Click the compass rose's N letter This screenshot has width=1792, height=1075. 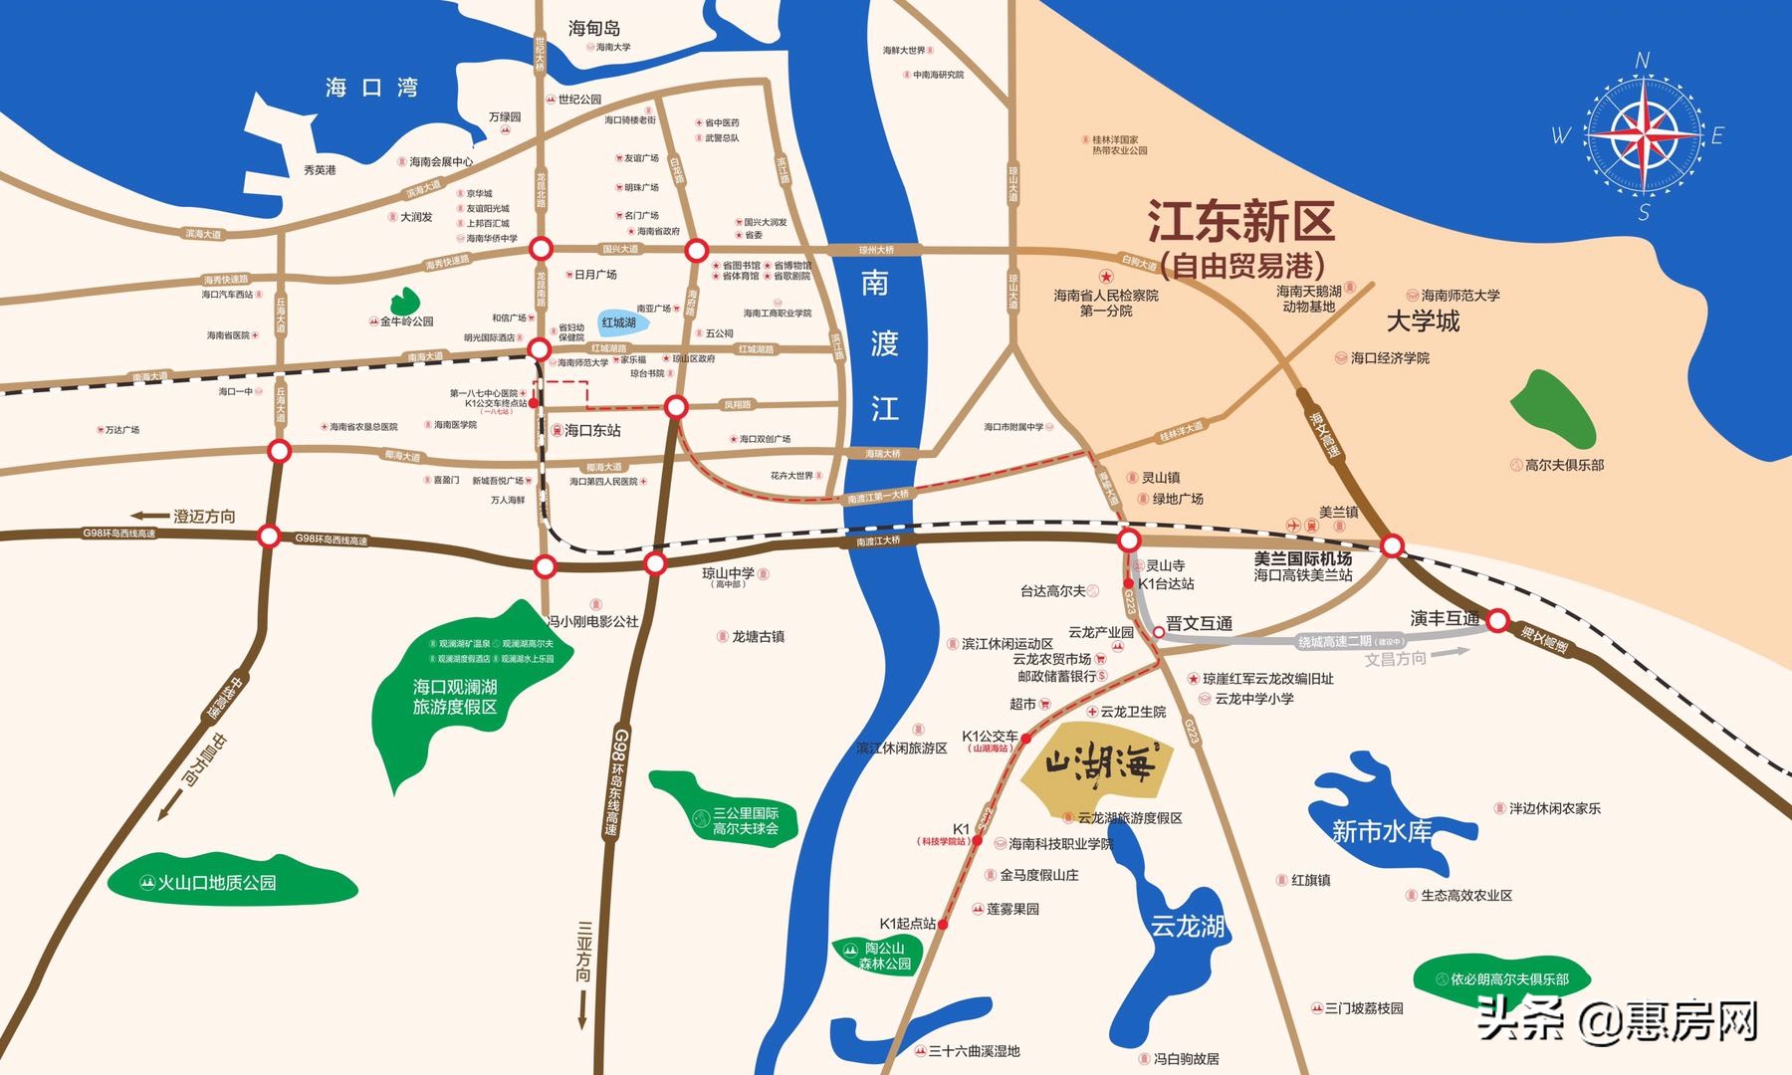coord(1643,61)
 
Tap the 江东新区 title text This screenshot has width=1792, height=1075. coord(1240,221)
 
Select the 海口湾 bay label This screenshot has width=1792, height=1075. coord(371,88)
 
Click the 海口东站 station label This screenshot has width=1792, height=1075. coord(592,430)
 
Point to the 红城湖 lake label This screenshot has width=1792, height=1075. coord(618,322)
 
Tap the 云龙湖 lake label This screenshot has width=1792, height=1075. coord(1187,927)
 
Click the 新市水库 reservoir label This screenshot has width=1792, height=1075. coord(1381,831)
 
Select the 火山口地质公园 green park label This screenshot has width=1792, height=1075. coord(217,883)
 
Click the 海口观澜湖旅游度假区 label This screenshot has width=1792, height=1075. coord(455,697)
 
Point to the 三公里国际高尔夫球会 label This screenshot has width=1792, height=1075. coord(746,821)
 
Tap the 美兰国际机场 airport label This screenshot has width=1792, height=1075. coord(1302,558)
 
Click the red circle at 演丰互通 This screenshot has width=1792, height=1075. coord(1497,620)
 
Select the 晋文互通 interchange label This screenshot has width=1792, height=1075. coord(1199,624)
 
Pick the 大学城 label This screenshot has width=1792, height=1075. coord(1423,322)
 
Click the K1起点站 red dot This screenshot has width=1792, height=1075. coord(943,925)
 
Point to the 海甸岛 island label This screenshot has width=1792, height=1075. coord(594,29)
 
